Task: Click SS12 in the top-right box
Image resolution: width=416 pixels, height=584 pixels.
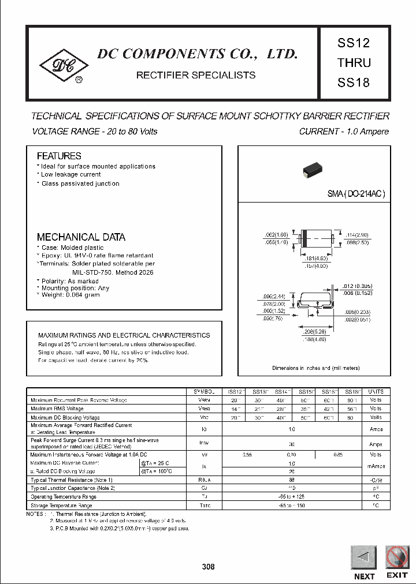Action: [x=353, y=43]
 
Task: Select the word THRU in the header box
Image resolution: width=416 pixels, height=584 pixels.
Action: [x=354, y=62]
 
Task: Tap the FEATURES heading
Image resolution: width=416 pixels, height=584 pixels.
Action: [x=59, y=156]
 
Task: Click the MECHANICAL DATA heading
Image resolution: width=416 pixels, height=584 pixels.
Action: [x=81, y=237]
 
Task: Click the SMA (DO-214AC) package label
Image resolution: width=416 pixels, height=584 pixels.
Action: [x=356, y=194]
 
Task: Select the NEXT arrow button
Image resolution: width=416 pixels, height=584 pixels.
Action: [x=363, y=558]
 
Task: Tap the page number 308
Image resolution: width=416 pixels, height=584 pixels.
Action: [x=208, y=567]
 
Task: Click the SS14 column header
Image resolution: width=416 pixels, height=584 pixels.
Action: [x=283, y=391]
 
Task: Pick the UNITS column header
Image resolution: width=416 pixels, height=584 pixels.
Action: [x=376, y=391]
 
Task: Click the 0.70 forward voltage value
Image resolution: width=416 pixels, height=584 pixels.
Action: [x=291, y=455]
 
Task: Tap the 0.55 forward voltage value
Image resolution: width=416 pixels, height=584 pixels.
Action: [x=247, y=455]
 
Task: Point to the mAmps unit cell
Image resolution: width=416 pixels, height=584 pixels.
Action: [x=376, y=467]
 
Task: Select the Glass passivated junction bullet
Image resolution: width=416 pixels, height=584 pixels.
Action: [x=80, y=184]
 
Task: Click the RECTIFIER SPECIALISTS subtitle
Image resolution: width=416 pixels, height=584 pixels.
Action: [x=195, y=75]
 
